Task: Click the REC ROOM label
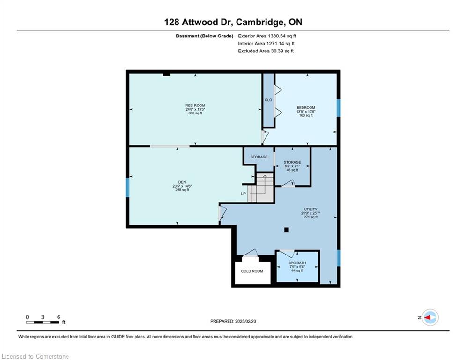pos(195,105)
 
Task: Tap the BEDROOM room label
pos(306,108)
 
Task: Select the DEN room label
pos(182,182)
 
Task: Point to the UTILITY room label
pos(311,209)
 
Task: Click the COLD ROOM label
pos(252,271)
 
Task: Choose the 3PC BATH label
pos(297,263)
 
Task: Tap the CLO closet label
pos(268,100)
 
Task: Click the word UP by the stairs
pos(244,194)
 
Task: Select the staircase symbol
pos(261,188)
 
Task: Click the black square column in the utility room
pos(287,230)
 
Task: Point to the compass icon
pos(430,317)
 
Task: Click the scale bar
pos(43,322)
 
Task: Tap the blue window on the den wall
pos(127,187)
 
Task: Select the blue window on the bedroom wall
pos(339,108)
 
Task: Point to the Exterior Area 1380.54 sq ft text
pos(267,36)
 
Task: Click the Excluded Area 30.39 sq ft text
pos(266,51)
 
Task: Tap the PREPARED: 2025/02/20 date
pos(233,321)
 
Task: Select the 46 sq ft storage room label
pos(292,170)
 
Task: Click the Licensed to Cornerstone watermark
pos(35,356)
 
